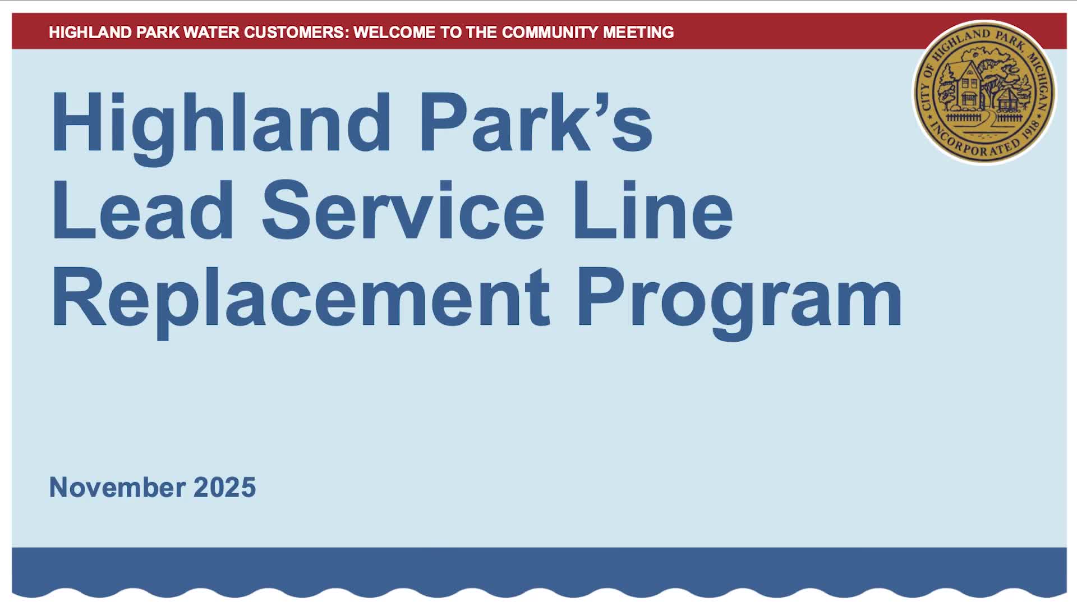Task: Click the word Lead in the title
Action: pyautogui.click(x=142, y=210)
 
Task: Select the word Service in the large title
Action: pyautogui.click(x=402, y=210)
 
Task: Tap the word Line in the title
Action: pyautogui.click(x=652, y=210)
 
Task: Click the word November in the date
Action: pyautogui.click(x=117, y=487)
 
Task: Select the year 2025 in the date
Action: pyautogui.click(x=224, y=487)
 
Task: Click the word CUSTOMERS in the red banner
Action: pyautogui.click(x=295, y=33)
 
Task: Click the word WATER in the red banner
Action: pyautogui.click(x=210, y=33)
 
